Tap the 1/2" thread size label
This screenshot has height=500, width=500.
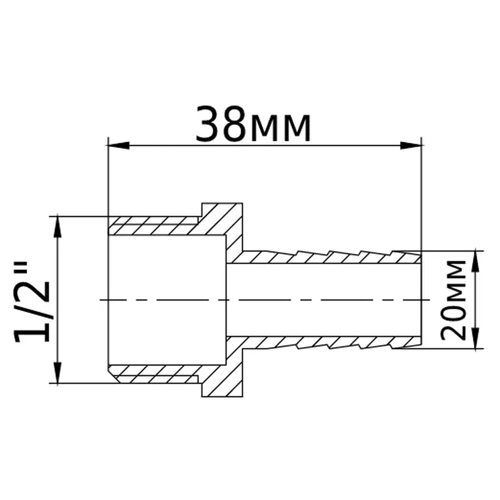35,300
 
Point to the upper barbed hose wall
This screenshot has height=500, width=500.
328,257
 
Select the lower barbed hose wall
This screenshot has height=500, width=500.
328,343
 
